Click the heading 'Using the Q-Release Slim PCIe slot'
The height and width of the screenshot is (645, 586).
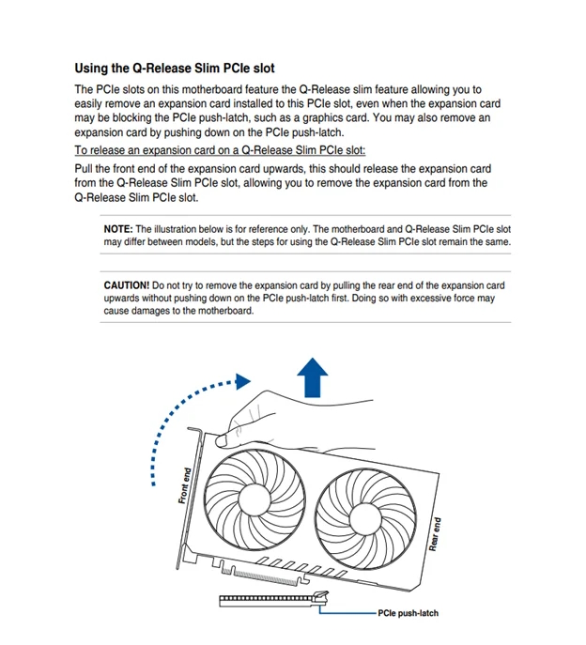tap(174, 69)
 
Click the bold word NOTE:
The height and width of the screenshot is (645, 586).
tap(118, 229)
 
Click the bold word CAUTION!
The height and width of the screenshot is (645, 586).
tap(126, 284)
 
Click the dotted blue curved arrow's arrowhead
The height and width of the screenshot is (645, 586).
tap(244, 381)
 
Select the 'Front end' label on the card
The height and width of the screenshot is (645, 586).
tap(185, 485)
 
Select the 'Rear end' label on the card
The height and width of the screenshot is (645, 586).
tap(435, 534)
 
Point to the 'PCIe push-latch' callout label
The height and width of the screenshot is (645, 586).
tap(408, 613)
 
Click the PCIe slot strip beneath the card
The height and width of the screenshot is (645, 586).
tap(268, 597)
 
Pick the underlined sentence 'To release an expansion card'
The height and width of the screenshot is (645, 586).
tap(220, 150)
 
